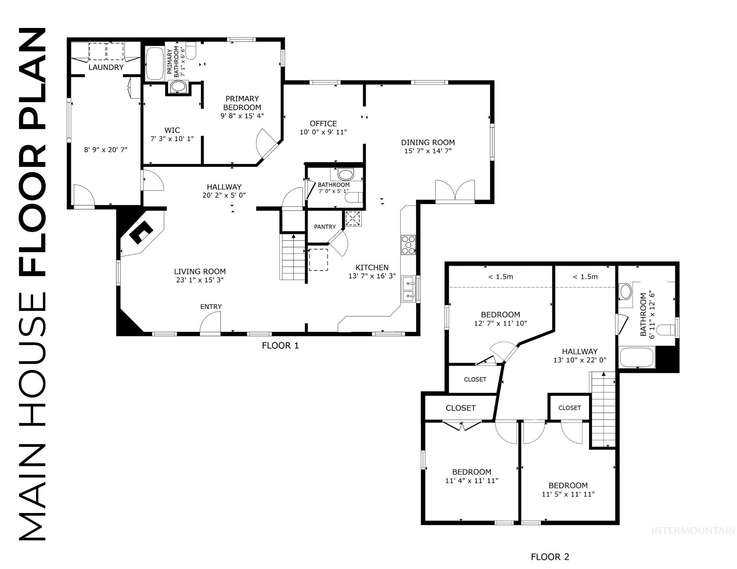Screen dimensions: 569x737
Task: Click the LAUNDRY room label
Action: click(106, 67)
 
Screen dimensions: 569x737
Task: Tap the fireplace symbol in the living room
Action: click(141, 232)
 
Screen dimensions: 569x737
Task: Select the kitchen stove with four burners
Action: click(408, 245)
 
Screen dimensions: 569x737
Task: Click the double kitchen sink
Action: click(408, 290)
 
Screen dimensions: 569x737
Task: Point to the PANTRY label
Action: click(325, 227)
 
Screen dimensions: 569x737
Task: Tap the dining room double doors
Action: click(455, 190)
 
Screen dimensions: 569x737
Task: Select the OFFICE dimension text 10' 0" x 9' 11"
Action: click(323, 132)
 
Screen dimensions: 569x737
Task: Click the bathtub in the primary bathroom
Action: click(154, 64)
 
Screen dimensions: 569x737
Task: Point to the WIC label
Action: click(172, 130)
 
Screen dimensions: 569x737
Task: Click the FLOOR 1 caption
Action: click(280, 345)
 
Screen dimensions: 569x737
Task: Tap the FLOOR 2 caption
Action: click(550, 557)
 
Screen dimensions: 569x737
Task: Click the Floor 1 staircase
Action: click(293, 258)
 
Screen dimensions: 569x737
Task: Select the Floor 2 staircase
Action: click(604, 409)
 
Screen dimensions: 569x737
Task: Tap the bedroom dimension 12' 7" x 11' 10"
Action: click(500, 323)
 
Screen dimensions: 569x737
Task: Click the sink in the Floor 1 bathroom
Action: click(346, 173)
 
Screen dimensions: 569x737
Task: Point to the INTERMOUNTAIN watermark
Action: click(693, 531)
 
